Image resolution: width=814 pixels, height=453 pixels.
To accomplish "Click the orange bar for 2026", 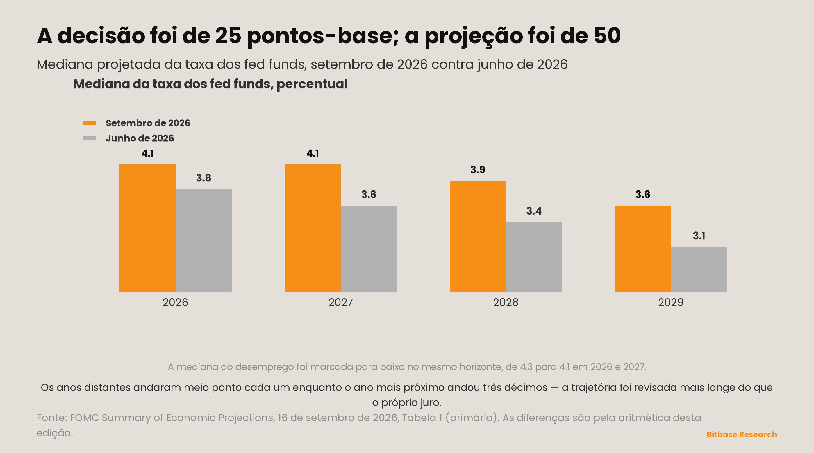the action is click(x=147, y=228).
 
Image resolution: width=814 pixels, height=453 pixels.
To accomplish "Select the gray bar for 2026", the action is click(x=203, y=240).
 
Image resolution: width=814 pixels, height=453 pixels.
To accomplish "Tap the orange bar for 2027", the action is click(x=313, y=228).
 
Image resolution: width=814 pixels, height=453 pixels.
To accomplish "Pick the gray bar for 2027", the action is click(x=369, y=249).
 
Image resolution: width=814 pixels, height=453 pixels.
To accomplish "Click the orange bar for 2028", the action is click(x=478, y=236).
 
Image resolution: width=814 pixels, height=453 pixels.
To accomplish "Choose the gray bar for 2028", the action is click(x=534, y=257).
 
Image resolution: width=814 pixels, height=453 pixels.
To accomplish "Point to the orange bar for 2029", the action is click(x=643, y=249).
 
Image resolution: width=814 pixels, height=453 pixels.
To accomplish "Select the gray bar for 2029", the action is click(x=699, y=269).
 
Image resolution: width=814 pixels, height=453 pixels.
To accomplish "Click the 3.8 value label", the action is click(x=203, y=178).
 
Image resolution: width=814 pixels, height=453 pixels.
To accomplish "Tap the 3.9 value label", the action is click(x=478, y=170).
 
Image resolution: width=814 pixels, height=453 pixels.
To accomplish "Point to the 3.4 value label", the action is click(x=534, y=211).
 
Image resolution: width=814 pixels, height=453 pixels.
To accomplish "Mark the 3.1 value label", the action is click(x=699, y=236).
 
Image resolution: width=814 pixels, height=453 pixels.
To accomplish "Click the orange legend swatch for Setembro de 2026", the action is click(x=90, y=123).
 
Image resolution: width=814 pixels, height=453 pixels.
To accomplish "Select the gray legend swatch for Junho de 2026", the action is click(x=90, y=138).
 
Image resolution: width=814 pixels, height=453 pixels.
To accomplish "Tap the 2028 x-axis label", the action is click(x=506, y=302).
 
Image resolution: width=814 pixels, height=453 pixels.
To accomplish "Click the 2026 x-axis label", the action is click(x=175, y=302).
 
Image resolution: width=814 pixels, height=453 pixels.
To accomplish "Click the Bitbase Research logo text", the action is click(x=742, y=434).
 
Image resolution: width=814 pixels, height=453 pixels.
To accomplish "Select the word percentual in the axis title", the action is click(x=312, y=84).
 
